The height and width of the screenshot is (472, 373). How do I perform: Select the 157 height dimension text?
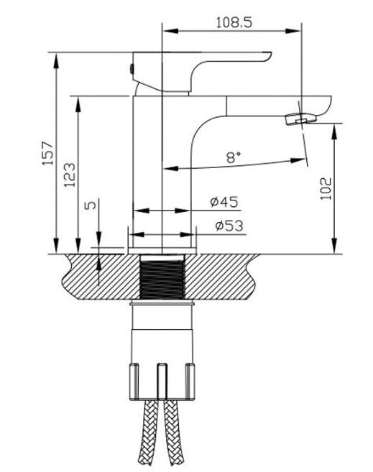(x=48, y=154)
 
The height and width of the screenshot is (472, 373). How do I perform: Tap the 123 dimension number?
(x=70, y=174)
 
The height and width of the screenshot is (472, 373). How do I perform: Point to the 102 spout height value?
(x=326, y=188)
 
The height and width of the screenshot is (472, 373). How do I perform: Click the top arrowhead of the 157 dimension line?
(x=55, y=57)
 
